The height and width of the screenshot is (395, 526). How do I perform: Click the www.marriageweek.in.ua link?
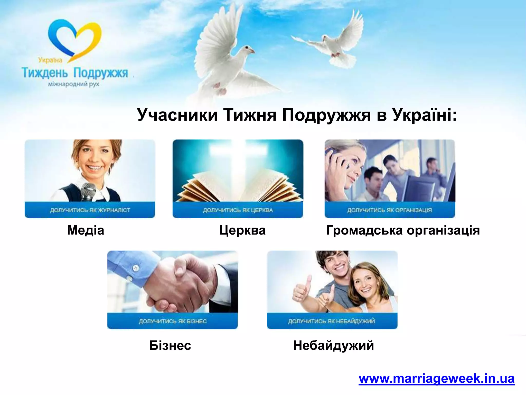click(436, 379)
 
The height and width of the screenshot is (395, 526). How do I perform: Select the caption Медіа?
click(86, 230)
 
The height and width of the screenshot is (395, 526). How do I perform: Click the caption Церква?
click(242, 230)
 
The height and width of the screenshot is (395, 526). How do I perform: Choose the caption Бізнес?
click(170, 345)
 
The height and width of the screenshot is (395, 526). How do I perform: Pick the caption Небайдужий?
click(333, 345)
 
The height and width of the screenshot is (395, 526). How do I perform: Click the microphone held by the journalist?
click(88, 193)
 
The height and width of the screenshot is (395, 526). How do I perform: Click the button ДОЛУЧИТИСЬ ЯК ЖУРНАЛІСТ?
click(90, 210)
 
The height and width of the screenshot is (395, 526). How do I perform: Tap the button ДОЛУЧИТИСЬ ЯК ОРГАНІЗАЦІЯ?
click(390, 210)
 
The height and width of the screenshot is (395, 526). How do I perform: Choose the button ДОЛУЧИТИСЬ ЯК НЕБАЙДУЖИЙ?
click(332, 321)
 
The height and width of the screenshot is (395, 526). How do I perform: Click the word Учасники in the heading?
click(177, 115)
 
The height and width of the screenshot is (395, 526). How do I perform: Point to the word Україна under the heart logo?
click(50, 60)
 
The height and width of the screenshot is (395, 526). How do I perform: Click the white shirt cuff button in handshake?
click(136, 268)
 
